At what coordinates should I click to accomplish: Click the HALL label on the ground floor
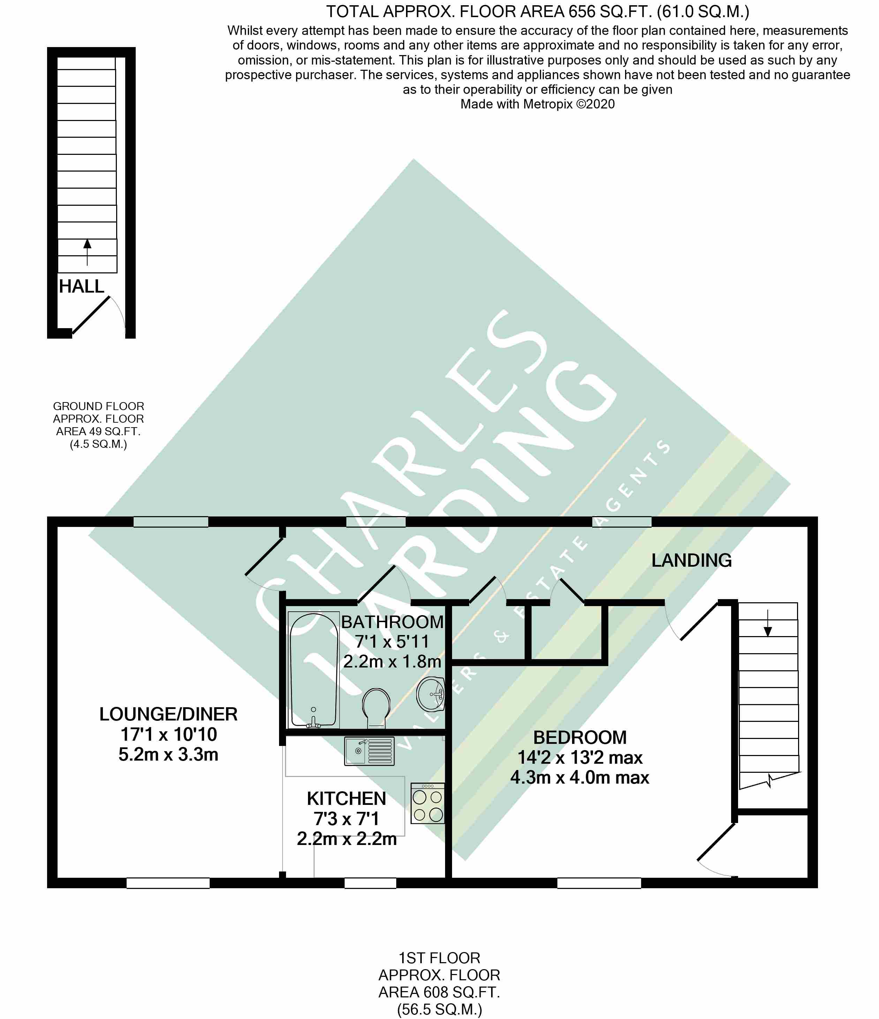coord(82,286)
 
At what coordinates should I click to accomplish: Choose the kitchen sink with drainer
coord(369,751)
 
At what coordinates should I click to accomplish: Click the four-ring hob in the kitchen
coord(427,803)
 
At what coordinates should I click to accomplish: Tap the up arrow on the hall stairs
coord(87,252)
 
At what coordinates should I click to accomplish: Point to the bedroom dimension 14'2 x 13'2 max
coord(580,758)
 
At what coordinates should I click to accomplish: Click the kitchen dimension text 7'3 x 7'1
coord(346,819)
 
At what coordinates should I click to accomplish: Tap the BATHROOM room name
coord(392,622)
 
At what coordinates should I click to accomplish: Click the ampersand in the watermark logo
coord(502,637)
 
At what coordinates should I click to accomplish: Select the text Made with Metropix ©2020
coord(537,104)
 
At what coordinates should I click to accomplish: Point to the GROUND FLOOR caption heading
coord(98,406)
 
